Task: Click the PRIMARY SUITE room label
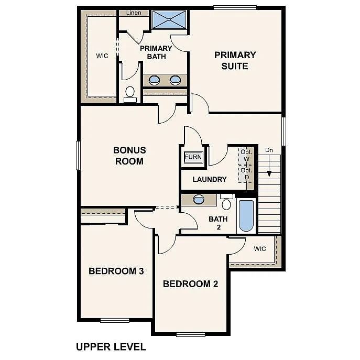click(235, 60)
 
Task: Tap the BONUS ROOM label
click(129, 156)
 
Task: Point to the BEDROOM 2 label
click(190, 284)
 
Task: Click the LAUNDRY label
click(210, 179)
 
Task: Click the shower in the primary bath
click(169, 20)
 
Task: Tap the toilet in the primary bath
click(130, 94)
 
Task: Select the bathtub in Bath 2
click(246, 215)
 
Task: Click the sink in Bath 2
click(199, 199)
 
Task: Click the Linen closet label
click(134, 13)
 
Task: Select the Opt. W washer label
click(246, 155)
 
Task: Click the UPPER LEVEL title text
click(111, 347)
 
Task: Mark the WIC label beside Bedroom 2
click(260, 248)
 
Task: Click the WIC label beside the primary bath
click(102, 56)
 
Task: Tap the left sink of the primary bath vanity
click(155, 80)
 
